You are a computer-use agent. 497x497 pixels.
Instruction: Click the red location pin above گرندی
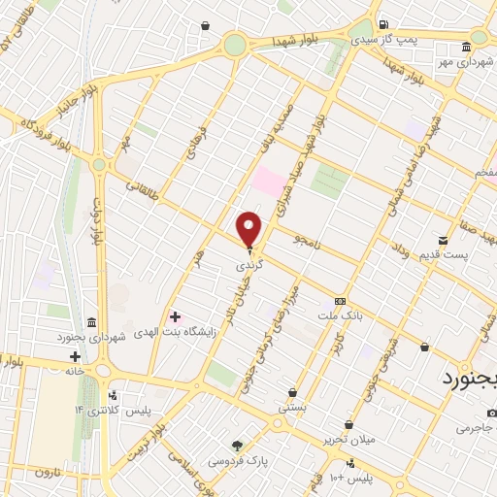(249, 229)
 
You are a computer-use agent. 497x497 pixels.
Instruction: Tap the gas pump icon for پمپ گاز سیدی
(384, 24)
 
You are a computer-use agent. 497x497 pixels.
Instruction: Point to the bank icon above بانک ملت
(340, 301)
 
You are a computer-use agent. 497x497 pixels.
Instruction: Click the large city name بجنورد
(470, 377)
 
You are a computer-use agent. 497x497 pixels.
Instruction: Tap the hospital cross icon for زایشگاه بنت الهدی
(175, 316)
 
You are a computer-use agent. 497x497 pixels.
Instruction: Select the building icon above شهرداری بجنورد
(90, 322)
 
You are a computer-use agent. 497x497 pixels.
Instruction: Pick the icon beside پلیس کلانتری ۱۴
(115, 395)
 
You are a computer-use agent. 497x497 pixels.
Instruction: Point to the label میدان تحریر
(350, 440)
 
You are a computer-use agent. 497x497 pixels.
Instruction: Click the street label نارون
(48, 472)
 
